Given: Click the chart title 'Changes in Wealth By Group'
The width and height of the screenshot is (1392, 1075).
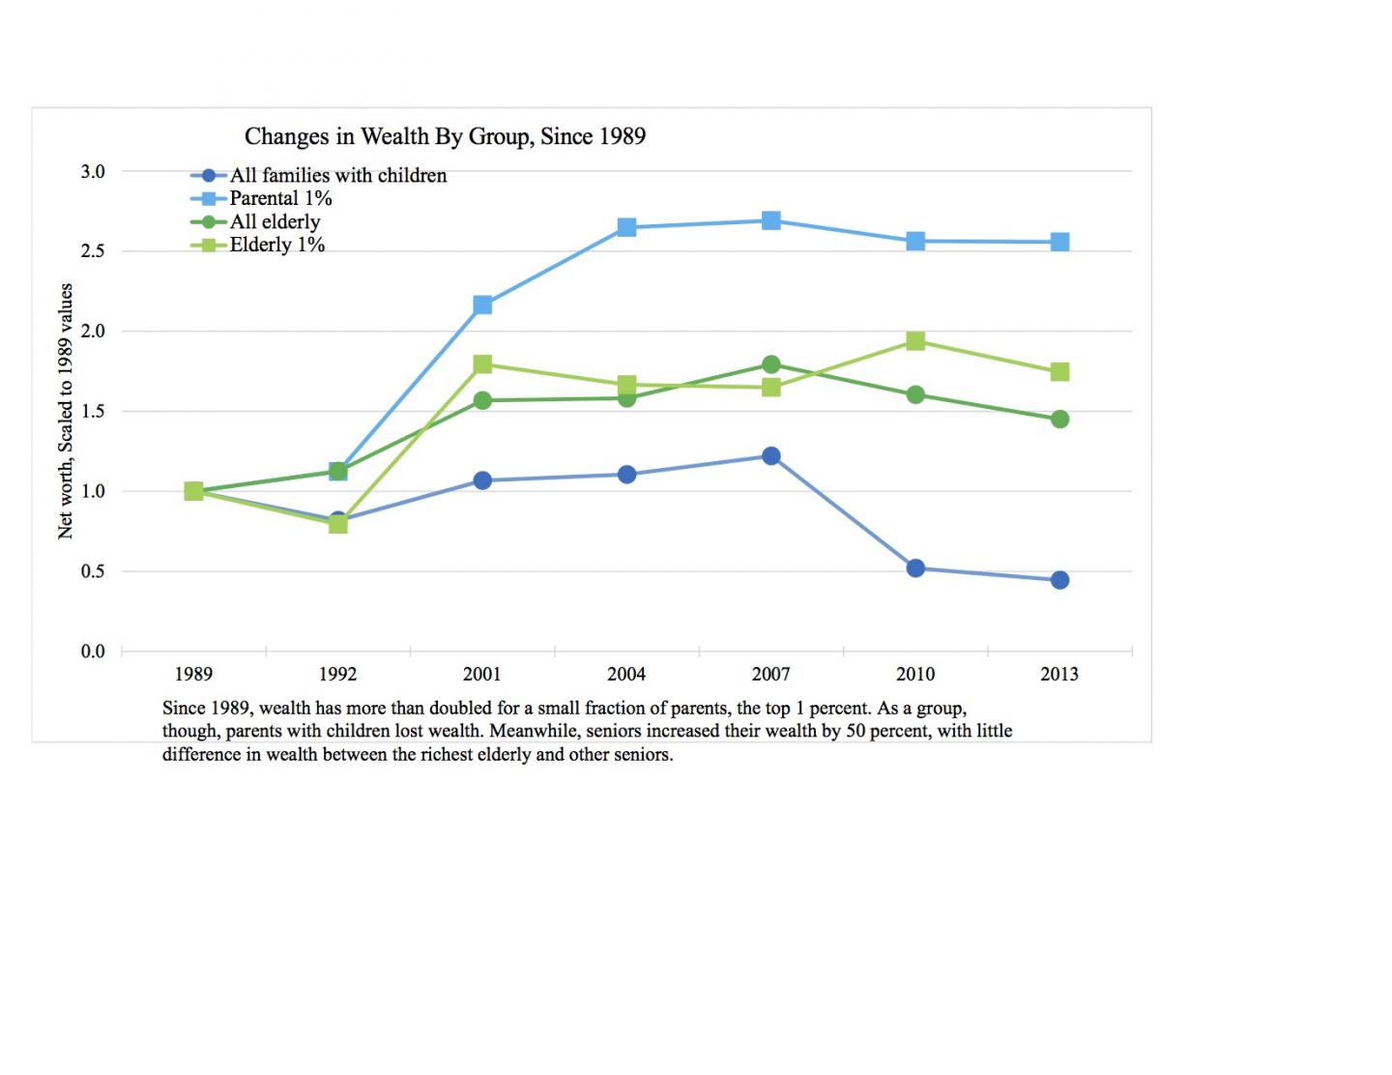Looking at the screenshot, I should click(x=445, y=136).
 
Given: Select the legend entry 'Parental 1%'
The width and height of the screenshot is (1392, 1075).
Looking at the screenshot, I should click(x=280, y=198).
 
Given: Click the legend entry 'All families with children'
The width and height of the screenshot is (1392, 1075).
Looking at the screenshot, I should click(x=337, y=175).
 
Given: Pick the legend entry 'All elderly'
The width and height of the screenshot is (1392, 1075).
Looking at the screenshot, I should click(x=275, y=221).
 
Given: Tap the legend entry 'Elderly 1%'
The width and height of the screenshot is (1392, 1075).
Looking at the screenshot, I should click(x=276, y=245).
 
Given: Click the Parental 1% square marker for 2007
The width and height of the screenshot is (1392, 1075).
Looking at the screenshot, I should click(x=770, y=220).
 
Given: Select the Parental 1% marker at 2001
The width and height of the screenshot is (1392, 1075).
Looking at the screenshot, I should click(x=482, y=305).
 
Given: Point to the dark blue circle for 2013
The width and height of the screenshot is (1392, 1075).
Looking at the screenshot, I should click(x=1059, y=580).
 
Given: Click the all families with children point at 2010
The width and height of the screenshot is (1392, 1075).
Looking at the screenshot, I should click(x=915, y=567).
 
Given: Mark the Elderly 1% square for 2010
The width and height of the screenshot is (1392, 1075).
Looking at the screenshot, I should click(x=915, y=340).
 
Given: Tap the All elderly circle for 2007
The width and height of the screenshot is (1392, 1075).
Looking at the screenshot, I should click(x=770, y=364).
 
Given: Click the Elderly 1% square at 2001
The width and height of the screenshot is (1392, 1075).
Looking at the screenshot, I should click(x=482, y=363).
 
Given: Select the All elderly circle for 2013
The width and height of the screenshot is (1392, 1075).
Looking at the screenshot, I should click(x=1059, y=419).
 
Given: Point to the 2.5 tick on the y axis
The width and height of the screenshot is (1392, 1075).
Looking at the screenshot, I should click(x=93, y=251).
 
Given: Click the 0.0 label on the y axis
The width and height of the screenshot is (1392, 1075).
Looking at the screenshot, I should click(x=93, y=652).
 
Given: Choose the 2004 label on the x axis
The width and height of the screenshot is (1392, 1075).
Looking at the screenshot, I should click(x=626, y=674).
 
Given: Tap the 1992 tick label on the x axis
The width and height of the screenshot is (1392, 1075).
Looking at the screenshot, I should click(x=337, y=674).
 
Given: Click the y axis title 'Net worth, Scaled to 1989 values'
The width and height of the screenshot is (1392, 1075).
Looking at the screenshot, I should click(x=66, y=411).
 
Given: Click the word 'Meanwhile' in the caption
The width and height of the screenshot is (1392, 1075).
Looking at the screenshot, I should click(x=534, y=731).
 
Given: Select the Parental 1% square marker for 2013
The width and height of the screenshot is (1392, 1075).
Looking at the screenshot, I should click(x=1059, y=242).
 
